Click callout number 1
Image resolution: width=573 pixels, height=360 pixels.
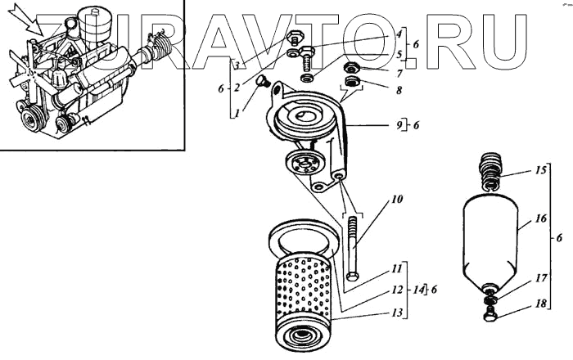pyautogui.click(x=236, y=114)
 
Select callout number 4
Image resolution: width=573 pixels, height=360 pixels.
pyautogui.click(x=399, y=34)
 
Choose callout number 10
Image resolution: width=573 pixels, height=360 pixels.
pyautogui.click(x=397, y=200)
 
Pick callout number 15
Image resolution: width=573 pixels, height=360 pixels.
pyautogui.click(x=517, y=173)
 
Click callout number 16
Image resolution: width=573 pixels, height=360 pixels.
pyautogui.click(x=517, y=219)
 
